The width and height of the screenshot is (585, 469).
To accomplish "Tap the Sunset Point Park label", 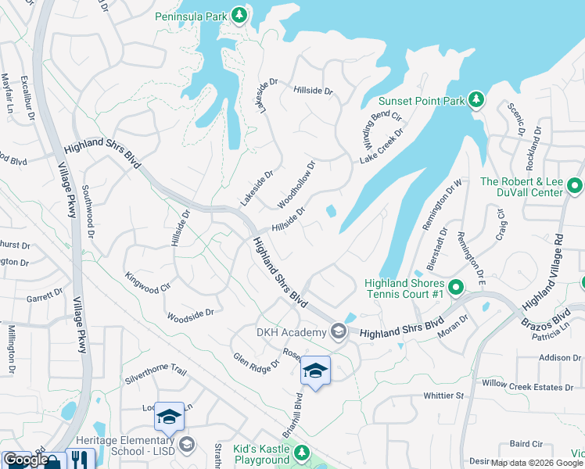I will tap(422, 101).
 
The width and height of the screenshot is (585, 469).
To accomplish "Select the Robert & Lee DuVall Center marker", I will tap(575, 186).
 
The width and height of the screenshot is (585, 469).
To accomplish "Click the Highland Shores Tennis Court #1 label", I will tap(404, 288).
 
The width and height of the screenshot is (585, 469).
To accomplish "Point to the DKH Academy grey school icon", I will tap(339, 332).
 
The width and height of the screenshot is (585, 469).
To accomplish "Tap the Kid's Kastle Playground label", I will tap(261, 455).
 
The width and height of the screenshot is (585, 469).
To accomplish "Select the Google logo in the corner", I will tap(25, 460).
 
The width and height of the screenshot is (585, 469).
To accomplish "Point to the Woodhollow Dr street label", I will tap(296, 185).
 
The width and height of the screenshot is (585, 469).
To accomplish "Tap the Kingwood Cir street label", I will tap(148, 283).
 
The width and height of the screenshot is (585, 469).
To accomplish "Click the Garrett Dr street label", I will tap(44, 296).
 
